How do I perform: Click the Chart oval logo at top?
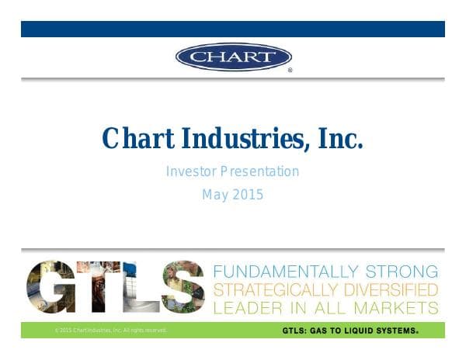233,57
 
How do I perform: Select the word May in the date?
215,195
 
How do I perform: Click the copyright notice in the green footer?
111,331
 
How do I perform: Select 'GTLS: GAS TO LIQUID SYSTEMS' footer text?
349,331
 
